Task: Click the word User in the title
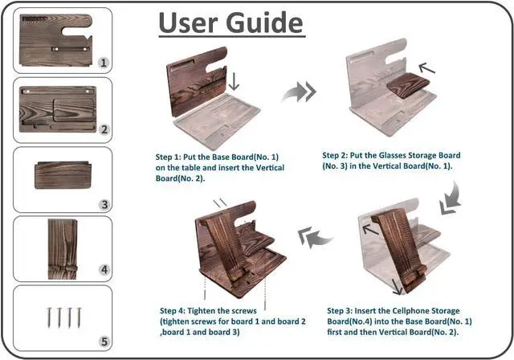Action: [187, 24]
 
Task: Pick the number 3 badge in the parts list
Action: [104, 205]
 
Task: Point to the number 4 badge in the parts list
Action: [104, 270]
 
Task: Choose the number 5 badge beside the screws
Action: [104, 341]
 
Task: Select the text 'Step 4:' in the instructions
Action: [175, 309]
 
